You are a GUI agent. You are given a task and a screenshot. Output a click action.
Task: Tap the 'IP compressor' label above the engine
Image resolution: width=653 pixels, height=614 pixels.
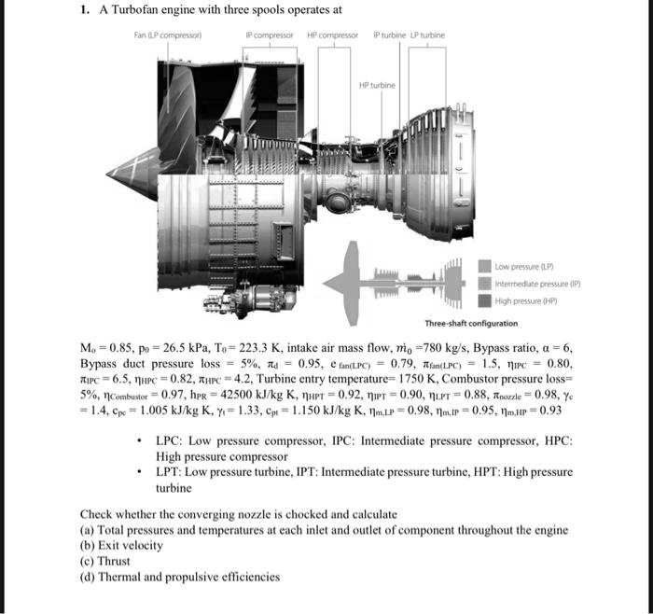[x=270, y=35]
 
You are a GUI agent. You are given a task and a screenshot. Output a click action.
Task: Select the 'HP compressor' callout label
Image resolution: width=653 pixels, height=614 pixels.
[x=332, y=35]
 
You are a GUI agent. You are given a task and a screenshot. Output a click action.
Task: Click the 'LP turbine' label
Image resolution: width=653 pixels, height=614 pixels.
[x=428, y=35]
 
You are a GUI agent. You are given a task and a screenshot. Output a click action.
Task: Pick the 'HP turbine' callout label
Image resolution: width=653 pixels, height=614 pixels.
[x=377, y=85]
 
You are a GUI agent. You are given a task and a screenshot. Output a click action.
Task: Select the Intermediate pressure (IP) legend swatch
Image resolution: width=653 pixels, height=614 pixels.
[x=487, y=283]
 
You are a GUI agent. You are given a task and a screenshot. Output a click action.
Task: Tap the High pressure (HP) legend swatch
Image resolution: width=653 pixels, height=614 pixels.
[x=487, y=300]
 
